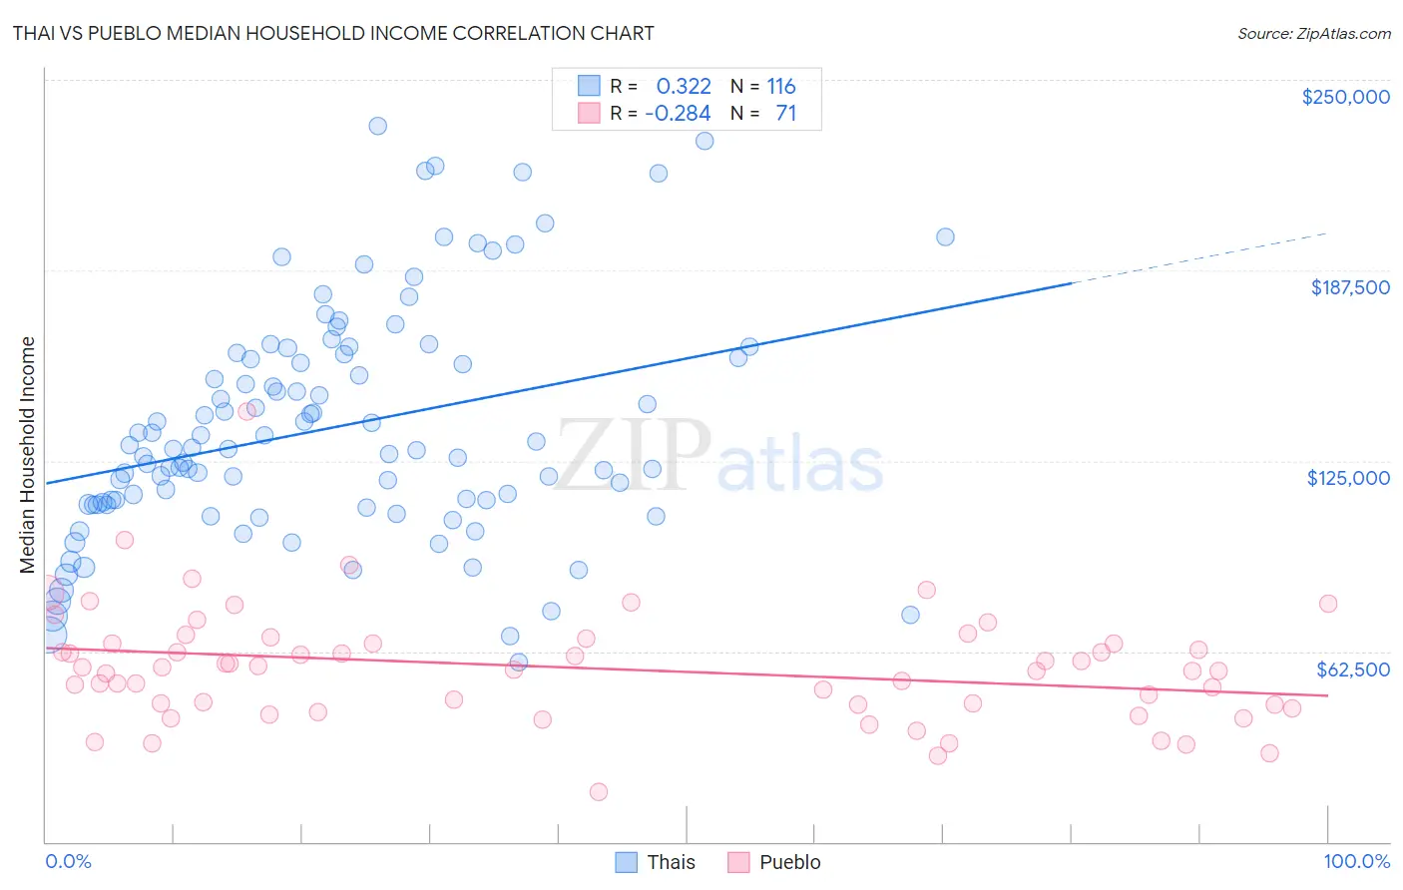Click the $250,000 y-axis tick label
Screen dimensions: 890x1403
[x=1345, y=97]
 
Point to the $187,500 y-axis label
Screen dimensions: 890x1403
[x=1349, y=287]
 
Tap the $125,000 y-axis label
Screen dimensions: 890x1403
[x=1348, y=478]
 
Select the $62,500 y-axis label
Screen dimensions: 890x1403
[x=1352, y=669]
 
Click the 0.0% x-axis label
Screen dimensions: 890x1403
[x=68, y=861]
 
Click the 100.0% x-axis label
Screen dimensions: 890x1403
[x=1356, y=861]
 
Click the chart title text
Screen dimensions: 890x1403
[x=333, y=33]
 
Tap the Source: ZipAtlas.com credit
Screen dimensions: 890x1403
[x=1313, y=34]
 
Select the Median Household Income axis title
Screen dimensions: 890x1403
[x=28, y=455]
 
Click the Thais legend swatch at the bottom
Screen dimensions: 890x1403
[x=626, y=862]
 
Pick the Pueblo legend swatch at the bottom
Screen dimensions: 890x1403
[x=738, y=862]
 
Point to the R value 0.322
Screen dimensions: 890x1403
[x=684, y=87]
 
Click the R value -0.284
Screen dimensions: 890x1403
[x=678, y=114]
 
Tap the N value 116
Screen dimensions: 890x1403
[x=780, y=87]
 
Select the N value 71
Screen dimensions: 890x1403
[x=785, y=114]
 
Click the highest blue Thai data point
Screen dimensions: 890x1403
[x=377, y=126]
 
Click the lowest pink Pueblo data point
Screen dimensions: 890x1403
[x=599, y=791]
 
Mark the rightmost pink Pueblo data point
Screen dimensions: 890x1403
[x=1327, y=604]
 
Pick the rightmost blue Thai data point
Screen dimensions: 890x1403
[x=945, y=236]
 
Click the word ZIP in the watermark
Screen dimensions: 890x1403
[x=633, y=455]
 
